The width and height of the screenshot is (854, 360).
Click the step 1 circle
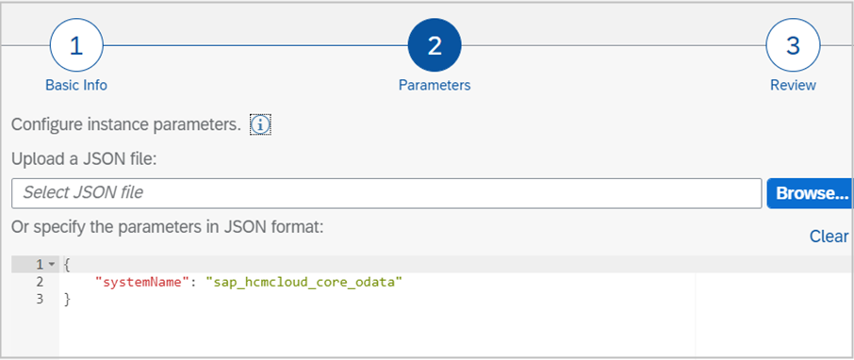click(75, 46)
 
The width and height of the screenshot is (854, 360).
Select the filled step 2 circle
click(435, 46)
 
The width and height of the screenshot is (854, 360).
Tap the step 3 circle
click(793, 46)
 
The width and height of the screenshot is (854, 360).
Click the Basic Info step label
click(76, 85)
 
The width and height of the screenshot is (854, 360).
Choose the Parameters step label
click(435, 85)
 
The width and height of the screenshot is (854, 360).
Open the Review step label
click(793, 85)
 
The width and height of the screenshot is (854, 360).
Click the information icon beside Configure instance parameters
click(260, 124)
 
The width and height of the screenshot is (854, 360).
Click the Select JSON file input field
click(386, 193)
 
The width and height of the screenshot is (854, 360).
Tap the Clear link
click(829, 237)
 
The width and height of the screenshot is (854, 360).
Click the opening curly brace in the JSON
click(67, 265)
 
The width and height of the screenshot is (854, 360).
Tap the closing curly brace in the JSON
click(67, 299)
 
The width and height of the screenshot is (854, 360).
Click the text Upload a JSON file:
click(83, 159)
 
